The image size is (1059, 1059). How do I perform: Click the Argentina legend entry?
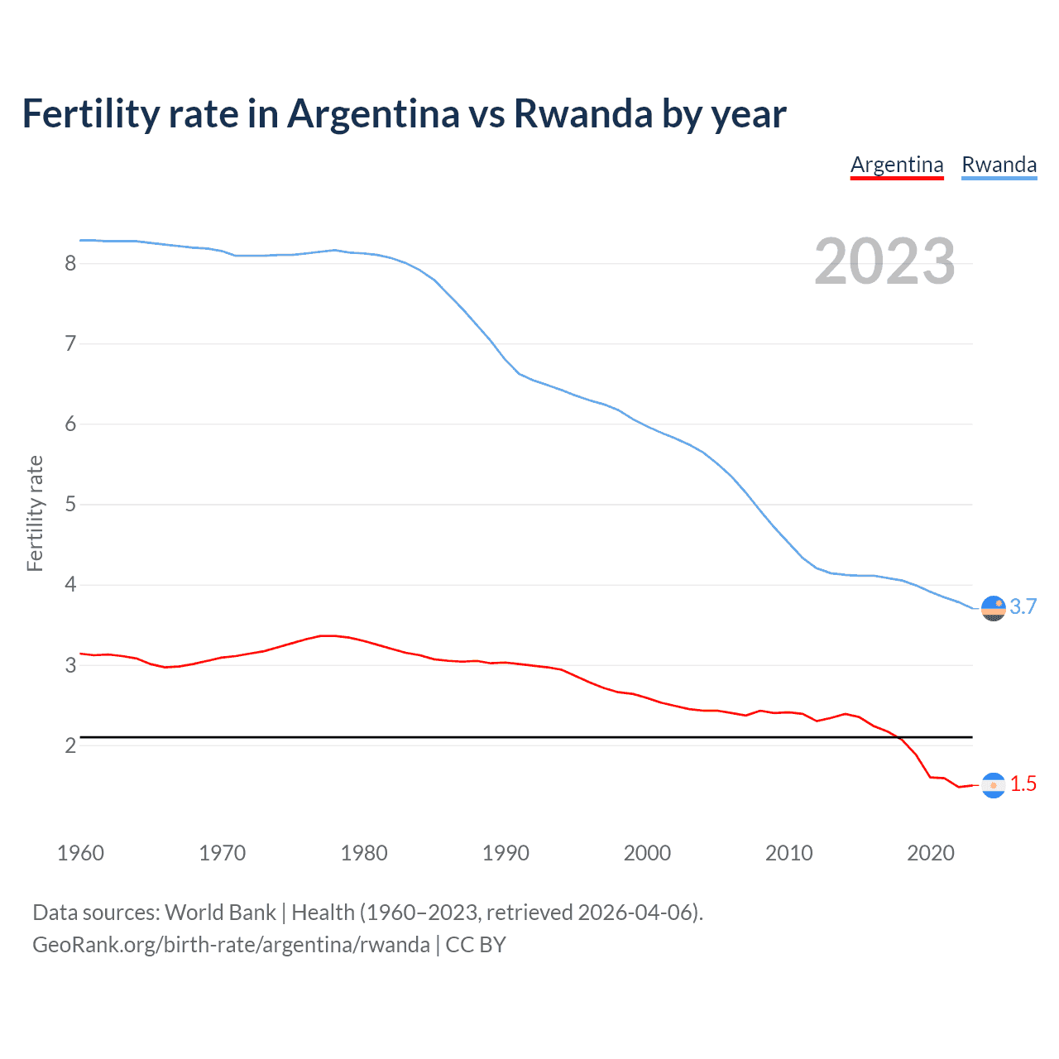897,165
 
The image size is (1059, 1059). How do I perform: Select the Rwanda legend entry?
999,165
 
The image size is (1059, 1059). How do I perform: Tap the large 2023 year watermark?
884,261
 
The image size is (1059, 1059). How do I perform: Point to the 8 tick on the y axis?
70,263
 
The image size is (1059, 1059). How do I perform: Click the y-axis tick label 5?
70,504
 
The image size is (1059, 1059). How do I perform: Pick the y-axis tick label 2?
70,745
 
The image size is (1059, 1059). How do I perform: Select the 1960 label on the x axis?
80,853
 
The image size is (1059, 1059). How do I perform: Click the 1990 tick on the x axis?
506,853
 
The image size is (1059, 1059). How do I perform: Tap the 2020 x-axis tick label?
931,853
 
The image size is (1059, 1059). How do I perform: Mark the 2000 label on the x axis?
647,853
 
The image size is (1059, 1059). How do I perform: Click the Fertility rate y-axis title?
35,513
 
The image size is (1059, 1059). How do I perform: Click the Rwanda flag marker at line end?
993,608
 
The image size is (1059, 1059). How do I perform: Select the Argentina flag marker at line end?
993,785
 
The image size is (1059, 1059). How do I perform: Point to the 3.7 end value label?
1023,606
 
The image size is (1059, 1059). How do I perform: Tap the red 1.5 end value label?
1023,783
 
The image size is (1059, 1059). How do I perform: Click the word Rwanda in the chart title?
583,113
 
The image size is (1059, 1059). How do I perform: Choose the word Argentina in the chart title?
373,113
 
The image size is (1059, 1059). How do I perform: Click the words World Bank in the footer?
220,913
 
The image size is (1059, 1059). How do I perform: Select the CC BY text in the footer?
476,945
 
